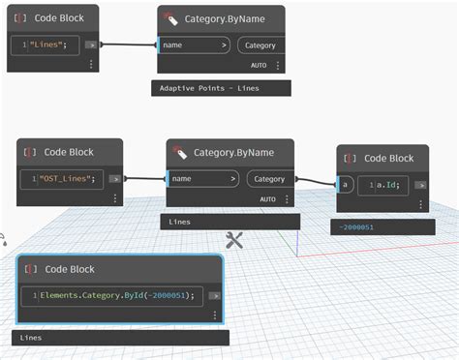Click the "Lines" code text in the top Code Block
(x=52, y=45)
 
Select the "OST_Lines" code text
(x=65, y=178)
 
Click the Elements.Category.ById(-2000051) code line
(x=117, y=295)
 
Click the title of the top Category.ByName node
(x=224, y=18)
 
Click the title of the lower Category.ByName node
(x=232, y=152)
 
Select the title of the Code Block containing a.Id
(x=388, y=158)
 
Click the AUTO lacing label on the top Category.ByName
(x=258, y=66)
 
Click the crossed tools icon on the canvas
(x=233, y=240)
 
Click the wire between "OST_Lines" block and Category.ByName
(x=143, y=178)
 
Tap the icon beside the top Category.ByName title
(x=171, y=18)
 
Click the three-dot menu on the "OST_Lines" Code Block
(x=114, y=198)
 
